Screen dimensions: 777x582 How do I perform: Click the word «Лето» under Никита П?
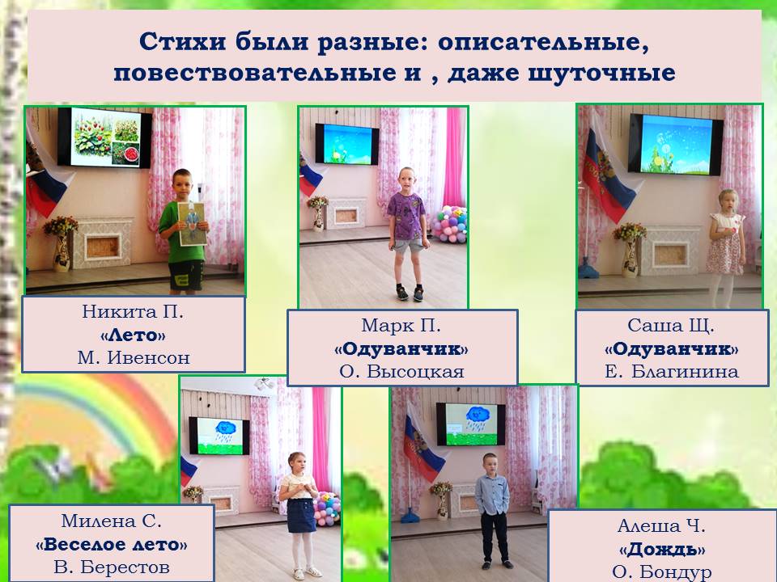[x=133, y=335]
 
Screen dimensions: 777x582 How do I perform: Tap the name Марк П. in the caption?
[x=401, y=325]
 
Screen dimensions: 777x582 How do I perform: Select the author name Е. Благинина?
[x=672, y=371]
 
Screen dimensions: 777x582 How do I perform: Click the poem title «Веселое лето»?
[x=112, y=544]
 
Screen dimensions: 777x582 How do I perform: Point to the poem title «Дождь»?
[x=662, y=549]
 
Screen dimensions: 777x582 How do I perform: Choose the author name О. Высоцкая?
[x=402, y=371]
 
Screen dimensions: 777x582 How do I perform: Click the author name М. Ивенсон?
[x=134, y=357]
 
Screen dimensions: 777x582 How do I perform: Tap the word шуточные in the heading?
[x=601, y=73]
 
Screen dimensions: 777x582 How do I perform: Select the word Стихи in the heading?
[x=182, y=41]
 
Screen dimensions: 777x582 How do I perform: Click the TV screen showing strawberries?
[x=105, y=137]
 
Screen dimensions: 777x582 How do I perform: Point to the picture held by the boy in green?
[x=193, y=224]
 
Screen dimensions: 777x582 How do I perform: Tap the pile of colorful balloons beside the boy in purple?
[x=449, y=224]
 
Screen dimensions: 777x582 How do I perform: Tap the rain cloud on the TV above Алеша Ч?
[x=478, y=415]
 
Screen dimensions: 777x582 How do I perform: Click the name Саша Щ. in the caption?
[x=671, y=325]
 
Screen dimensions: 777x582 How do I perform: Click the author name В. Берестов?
[x=112, y=567]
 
